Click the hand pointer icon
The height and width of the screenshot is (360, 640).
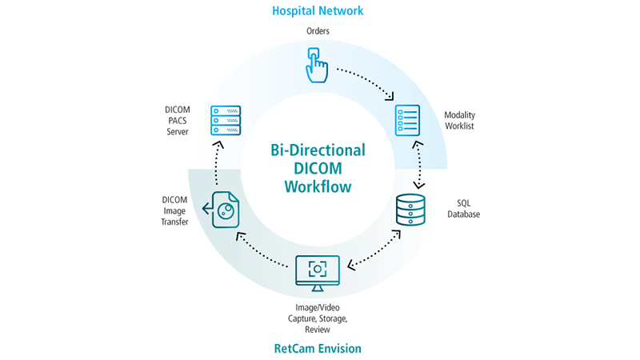317,65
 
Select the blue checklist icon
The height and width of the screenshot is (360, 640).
407,120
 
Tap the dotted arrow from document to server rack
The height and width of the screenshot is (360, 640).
217,165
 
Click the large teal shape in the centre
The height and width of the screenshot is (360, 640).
318,168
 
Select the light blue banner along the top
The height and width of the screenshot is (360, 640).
320,13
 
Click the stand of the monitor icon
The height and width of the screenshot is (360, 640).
318,287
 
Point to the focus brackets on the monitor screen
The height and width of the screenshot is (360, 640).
318,269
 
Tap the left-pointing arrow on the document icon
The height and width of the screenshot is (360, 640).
208,210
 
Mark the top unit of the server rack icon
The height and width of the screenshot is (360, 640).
225,110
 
